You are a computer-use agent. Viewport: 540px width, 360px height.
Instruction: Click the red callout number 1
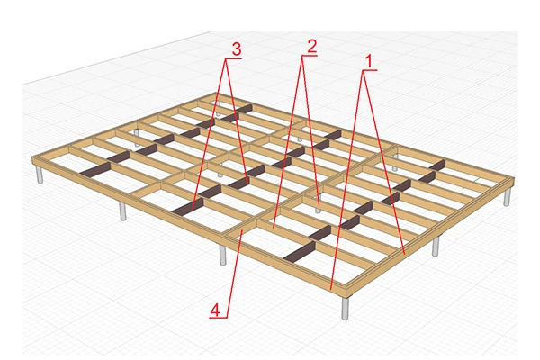[368, 62]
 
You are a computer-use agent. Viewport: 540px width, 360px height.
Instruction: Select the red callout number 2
[311, 46]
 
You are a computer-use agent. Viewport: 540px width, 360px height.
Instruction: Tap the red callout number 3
[237, 49]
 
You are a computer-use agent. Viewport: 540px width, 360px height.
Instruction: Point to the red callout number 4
[214, 310]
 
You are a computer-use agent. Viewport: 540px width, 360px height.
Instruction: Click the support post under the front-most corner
[345, 308]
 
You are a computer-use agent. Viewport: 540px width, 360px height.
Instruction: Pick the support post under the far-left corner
[40, 175]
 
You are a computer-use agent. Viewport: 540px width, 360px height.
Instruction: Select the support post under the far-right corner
[507, 197]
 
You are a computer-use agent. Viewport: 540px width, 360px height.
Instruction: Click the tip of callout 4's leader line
[242, 231]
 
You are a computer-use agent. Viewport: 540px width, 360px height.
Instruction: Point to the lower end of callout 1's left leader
[330, 290]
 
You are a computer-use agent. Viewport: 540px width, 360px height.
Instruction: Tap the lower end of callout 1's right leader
[405, 254]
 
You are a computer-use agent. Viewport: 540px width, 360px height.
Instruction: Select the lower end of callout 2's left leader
[273, 228]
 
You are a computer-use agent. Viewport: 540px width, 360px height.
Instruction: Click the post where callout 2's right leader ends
[319, 209]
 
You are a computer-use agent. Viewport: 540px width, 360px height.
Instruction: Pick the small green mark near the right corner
[476, 180]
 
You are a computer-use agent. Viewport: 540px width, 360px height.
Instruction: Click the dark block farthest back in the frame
[244, 109]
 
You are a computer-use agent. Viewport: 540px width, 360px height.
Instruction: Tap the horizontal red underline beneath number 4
[219, 318]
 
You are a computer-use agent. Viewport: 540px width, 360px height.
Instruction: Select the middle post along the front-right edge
[436, 247]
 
